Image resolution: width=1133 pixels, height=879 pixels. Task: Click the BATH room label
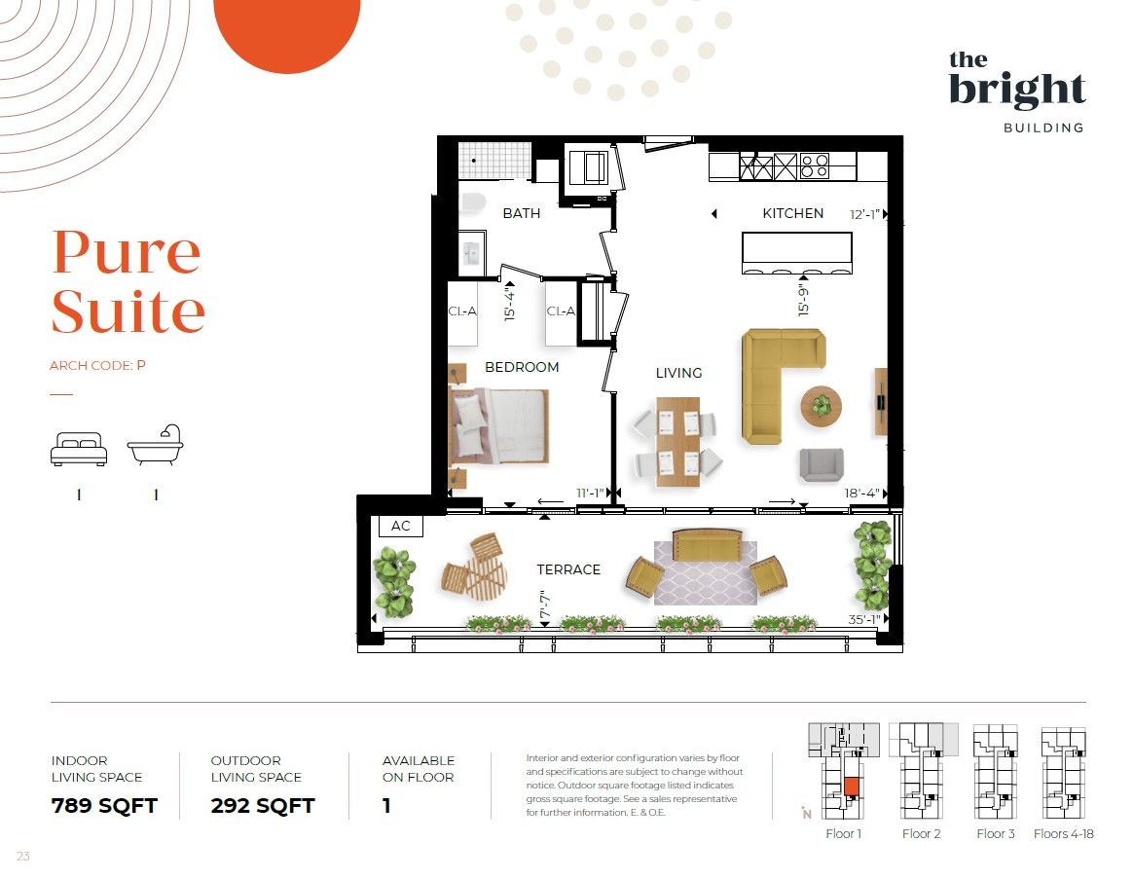tap(521, 213)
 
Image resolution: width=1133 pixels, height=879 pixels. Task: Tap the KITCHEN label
tap(792, 213)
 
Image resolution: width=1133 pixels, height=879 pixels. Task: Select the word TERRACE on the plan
tap(568, 569)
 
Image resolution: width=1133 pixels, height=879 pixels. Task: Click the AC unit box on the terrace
tap(401, 526)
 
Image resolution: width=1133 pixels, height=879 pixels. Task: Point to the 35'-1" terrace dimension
tap(863, 619)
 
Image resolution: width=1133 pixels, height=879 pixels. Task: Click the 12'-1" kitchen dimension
tap(864, 214)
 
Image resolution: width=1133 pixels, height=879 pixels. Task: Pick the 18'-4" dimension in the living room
tap(862, 493)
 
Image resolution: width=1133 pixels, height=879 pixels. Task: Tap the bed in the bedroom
tap(498, 425)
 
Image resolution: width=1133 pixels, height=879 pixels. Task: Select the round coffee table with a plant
tap(821, 406)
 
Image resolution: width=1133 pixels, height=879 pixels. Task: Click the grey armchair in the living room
tap(821, 464)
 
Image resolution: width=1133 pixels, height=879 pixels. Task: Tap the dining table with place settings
tap(677, 442)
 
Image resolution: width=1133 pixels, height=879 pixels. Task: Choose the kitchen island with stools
tap(797, 252)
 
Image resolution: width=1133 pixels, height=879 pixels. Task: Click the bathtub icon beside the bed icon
tap(156, 445)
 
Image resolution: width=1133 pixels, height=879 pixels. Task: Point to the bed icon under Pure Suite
tap(79, 448)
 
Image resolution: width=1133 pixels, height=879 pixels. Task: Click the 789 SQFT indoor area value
tap(104, 805)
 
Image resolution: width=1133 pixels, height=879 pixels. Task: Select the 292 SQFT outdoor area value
tap(263, 805)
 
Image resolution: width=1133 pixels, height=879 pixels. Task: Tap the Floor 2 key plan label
tap(921, 833)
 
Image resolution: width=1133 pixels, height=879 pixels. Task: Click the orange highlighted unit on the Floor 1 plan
tap(852, 787)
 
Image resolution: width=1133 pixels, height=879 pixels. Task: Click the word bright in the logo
tap(1017, 90)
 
